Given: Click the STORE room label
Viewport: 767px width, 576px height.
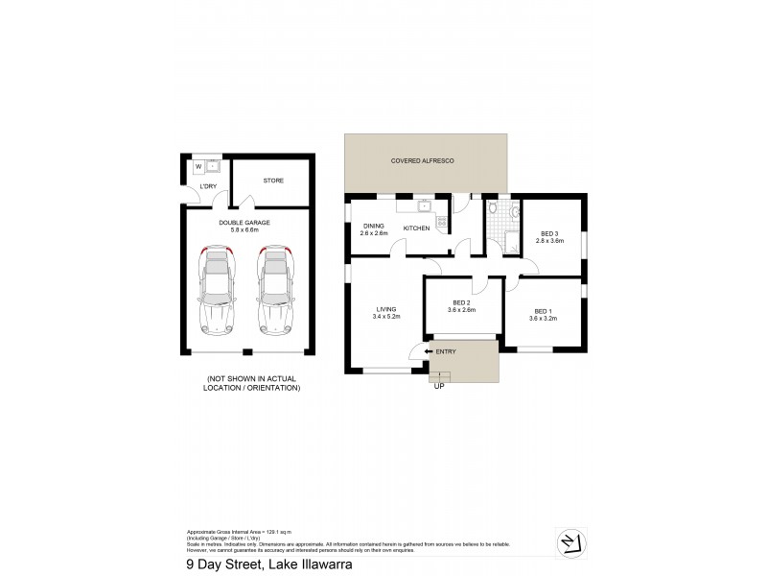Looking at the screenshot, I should coord(273,180).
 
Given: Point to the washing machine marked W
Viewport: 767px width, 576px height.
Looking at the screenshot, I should coord(198,165).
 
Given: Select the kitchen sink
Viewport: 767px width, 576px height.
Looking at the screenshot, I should coord(423,204).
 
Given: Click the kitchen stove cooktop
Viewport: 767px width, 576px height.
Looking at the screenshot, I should coord(442,224).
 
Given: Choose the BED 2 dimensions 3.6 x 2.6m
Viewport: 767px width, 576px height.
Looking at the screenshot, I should coord(461,310).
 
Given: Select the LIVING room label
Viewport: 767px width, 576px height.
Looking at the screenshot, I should coord(386,308).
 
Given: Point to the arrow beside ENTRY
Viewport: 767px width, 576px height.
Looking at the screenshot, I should coord(428,352).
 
